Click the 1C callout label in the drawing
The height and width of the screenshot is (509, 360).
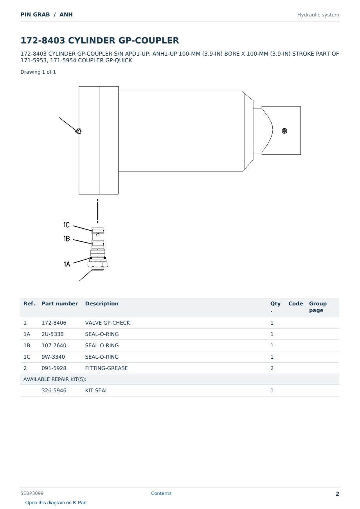tap(66, 225)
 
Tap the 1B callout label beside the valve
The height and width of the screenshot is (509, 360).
tap(67, 238)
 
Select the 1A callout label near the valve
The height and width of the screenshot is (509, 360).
tap(67, 264)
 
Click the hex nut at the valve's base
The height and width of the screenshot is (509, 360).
tap(98, 264)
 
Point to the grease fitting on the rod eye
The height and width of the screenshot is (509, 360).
tap(284, 131)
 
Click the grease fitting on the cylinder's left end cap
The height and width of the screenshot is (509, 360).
tap(78, 131)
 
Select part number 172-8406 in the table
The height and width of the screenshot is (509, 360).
tap(54, 323)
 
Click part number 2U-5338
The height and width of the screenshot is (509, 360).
tap(52, 334)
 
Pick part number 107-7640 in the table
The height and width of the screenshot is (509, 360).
tap(54, 345)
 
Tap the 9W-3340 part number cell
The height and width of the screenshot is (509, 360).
tap(53, 357)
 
